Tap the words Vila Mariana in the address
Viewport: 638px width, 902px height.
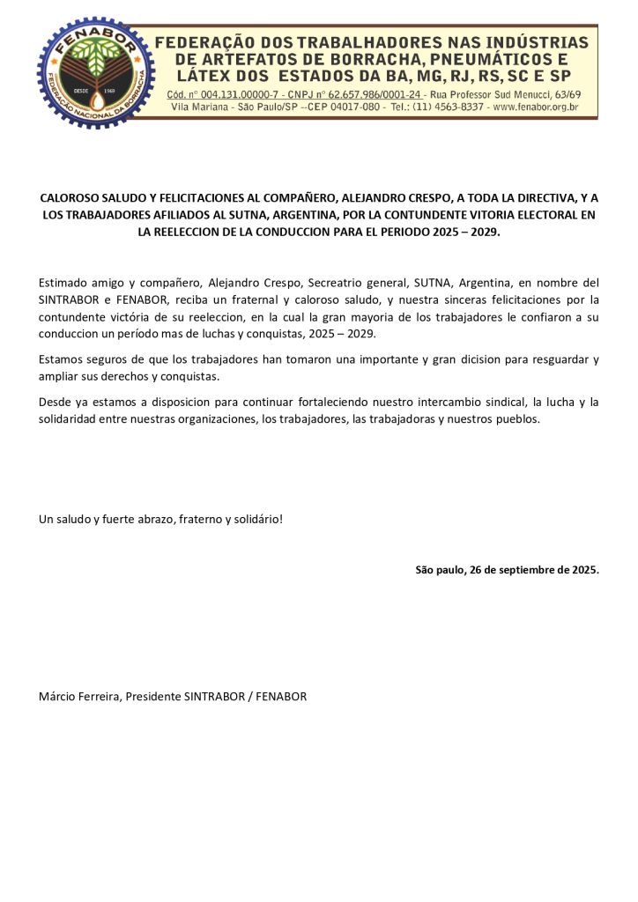(196, 107)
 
